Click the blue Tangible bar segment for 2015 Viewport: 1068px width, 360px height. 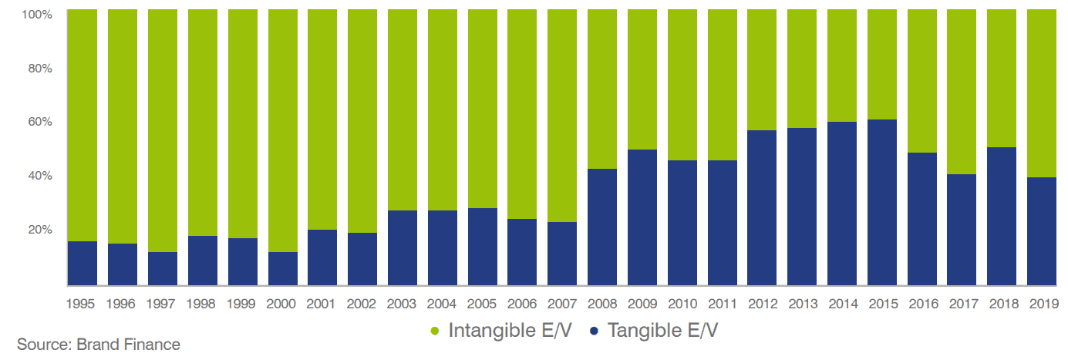pyautogui.click(x=881, y=202)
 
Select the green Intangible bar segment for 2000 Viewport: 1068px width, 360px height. pyautogui.click(x=282, y=131)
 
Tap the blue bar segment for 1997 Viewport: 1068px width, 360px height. pyautogui.click(x=162, y=268)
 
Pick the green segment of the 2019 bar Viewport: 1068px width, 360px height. pyautogui.click(x=1042, y=93)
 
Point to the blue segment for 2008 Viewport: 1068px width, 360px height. pyautogui.click(x=602, y=227)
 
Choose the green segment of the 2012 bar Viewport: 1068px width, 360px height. pyautogui.click(x=762, y=70)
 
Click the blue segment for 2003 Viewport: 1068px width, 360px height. pyautogui.click(x=402, y=247)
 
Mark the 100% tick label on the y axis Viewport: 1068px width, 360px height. pyautogui.click(x=37, y=15)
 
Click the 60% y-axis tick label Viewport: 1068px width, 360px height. pyautogui.click(x=39, y=122)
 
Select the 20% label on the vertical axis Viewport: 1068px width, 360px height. pyautogui.click(x=39, y=230)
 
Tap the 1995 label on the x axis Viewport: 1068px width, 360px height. pyautogui.click(x=82, y=304)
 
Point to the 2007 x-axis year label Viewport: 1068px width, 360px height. pyautogui.click(x=562, y=304)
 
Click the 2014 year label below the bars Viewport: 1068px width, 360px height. pyautogui.click(x=842, y=304)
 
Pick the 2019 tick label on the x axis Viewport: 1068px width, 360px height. pyautogui.click(x=1042, y=304)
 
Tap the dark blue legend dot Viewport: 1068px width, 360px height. pyautogui.click(x=593, y=331)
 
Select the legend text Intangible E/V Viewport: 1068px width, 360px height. pyautogui.click(x=510, y=331)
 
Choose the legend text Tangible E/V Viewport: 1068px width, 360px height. pyautogui.click(x=662, y=331)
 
